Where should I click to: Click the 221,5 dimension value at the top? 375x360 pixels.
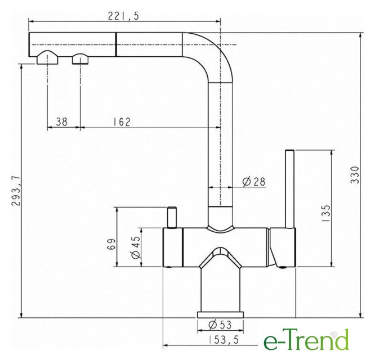[123, 16]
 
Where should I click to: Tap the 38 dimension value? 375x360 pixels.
[61, 122]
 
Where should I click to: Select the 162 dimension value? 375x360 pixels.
[122, 122]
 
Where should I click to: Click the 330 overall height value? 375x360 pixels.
[355, 175]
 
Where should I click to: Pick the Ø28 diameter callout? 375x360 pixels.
[254, 182]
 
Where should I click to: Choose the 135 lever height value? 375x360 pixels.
[326, 213]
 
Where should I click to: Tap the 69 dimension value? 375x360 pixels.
[111, 244]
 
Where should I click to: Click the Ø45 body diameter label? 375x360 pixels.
[136, 247]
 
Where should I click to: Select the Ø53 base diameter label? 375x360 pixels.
[220, 325]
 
